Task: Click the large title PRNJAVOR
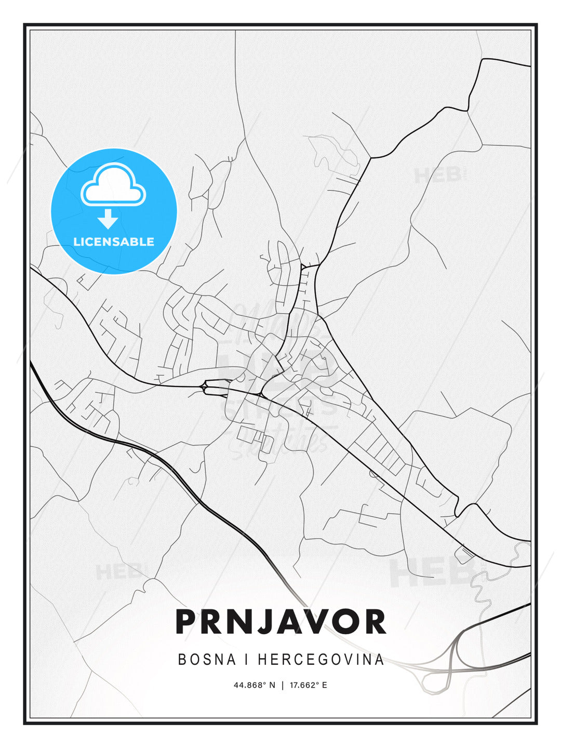[280, 621]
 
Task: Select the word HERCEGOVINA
[320, 660]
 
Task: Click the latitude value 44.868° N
[254, 685]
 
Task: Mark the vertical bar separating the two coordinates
[282, 685]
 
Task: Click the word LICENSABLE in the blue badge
[114, 242]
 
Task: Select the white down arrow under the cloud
[108, 219]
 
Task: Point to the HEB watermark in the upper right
[437, 176]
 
